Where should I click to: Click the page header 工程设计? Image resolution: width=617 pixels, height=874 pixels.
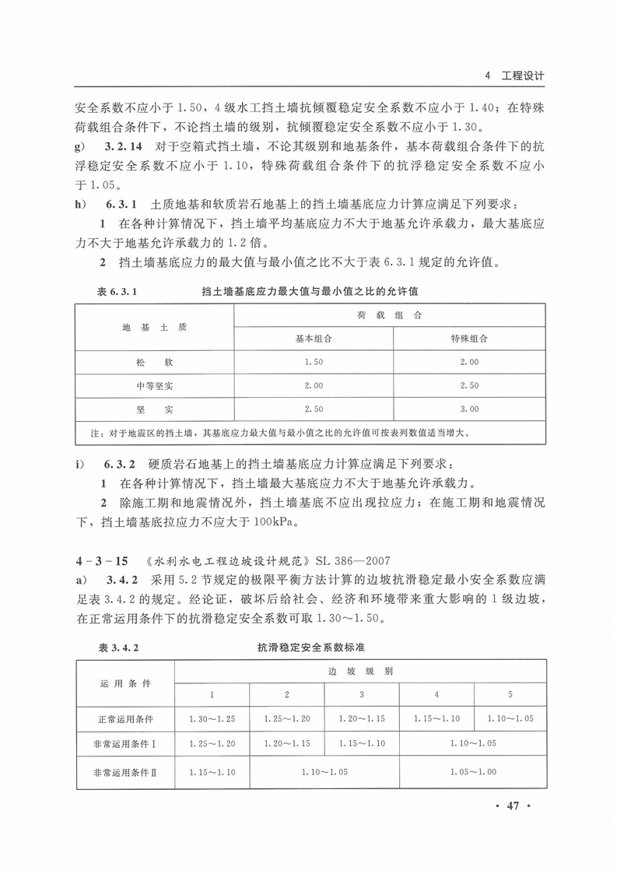pyautogui.click(x=523, y=76)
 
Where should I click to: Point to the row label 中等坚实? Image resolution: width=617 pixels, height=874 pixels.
pyautogui.click(x=154, y=385)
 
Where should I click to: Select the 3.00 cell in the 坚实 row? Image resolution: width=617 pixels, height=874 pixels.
pyautogui.click(x=469, y=409)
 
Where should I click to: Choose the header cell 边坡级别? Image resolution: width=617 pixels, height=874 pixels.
pyautogui.click(x=359, y=670)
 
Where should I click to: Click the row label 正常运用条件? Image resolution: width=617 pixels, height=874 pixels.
pyautogui.click(x=125, y=718)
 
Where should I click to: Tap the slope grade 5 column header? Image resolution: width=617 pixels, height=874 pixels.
pyautogui.click(x=510, y=693)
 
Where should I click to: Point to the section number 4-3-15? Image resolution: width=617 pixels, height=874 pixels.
pyautogui.click(x=102, y=560)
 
